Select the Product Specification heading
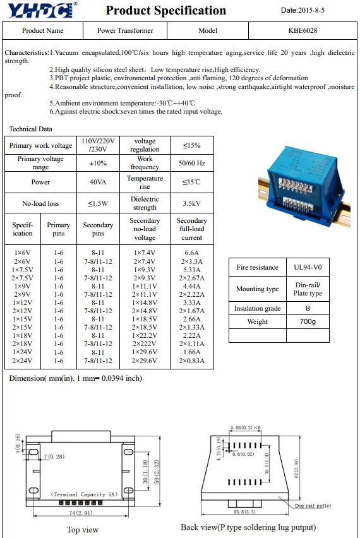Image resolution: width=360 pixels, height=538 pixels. (x=165, y=10)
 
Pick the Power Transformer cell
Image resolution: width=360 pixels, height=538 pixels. (x=125, y=30)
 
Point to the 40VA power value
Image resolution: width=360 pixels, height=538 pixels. (x=98, y=182)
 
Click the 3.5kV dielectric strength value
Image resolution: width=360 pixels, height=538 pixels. (x=191, y=203)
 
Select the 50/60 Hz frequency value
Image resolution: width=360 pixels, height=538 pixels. (x=191, y=163)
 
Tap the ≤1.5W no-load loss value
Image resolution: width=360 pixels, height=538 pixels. (x=98, y=203)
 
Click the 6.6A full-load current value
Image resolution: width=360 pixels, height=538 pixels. (x=191, y=253)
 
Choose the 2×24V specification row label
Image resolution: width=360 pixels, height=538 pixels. (x=22, y=361)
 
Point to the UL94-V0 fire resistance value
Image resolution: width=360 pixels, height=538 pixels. (x=307, y=268)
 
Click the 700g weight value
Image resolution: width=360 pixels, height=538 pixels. (x=307, y=322)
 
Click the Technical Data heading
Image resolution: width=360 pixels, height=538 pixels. (x=30, y=129)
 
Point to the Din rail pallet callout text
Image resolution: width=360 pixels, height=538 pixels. (x=313, y=506)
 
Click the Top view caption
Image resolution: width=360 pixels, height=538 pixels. (x=83, y=529)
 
